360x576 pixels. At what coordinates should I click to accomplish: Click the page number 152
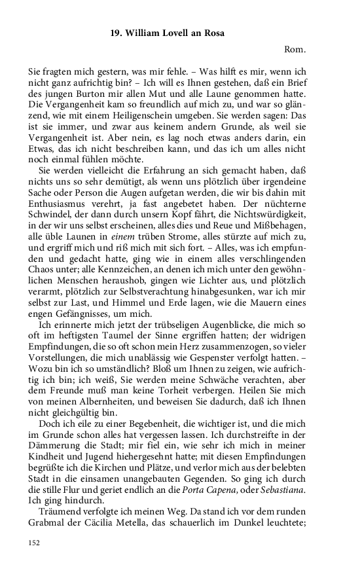(35, 542)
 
